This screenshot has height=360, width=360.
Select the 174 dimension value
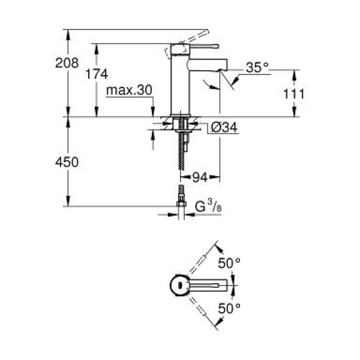97,74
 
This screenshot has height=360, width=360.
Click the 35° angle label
257,68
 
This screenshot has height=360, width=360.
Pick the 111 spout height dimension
295,94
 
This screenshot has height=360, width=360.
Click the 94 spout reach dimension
200,177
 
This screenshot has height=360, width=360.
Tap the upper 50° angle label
229,262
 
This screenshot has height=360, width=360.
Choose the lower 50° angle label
229,308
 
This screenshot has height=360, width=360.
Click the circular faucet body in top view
179,284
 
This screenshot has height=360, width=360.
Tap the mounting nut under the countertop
181,126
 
